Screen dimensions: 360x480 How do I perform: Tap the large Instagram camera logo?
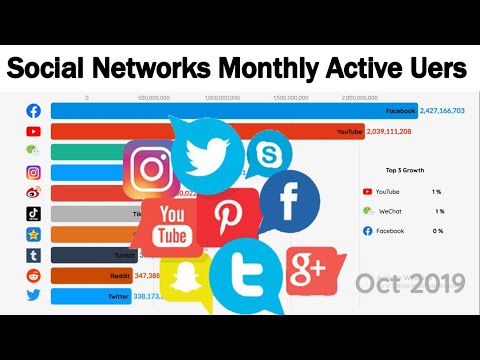pos(152,168)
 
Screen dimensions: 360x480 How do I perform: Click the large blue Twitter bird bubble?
pos(207,153)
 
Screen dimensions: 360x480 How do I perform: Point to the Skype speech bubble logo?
pos(267,156)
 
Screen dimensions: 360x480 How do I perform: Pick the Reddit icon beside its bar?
pos(33,275)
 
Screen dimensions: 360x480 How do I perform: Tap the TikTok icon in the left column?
pos(33,213)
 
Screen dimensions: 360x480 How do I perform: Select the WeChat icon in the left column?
pos(33,152)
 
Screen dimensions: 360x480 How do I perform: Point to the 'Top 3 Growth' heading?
pos(404,171)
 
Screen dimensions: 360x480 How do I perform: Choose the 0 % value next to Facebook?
pos(439,231)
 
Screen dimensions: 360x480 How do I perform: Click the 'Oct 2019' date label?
pos(409,283)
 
